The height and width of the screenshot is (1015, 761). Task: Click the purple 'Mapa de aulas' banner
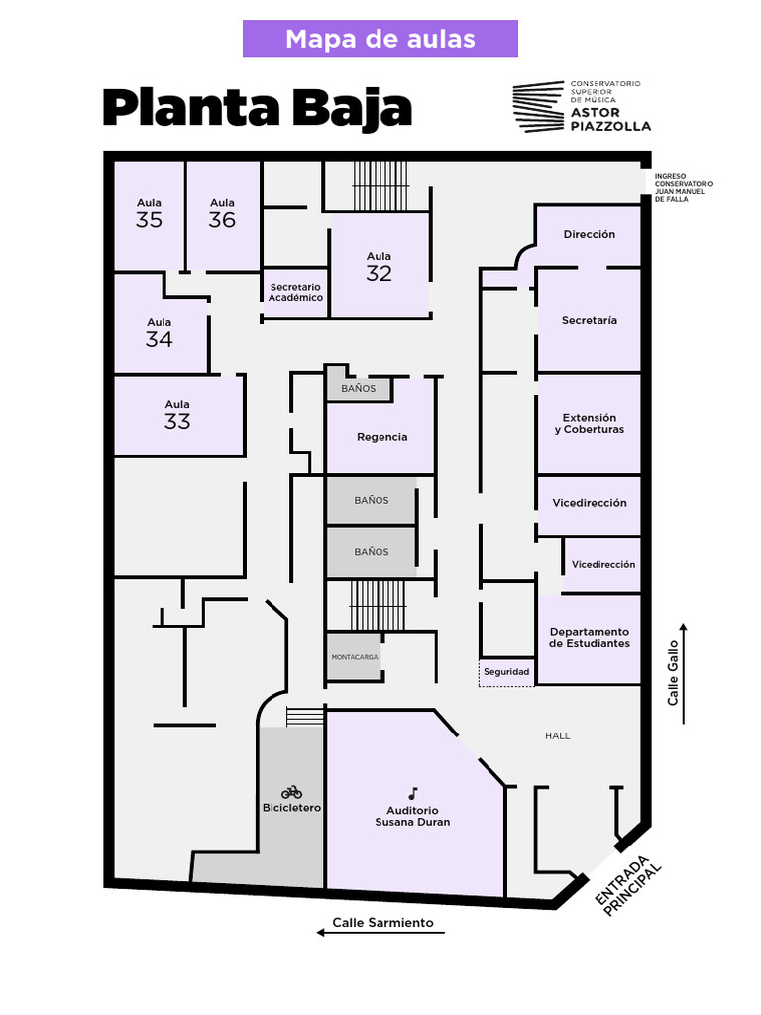pyautogui.click(x=380, y=39)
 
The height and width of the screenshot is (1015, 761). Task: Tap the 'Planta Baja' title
pyautogui.click(x=257, y=108)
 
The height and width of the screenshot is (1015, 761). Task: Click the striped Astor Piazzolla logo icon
pyautogui.click(x=538, y=106)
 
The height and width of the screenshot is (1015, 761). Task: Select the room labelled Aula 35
pyautogui.click(x=149, y=213)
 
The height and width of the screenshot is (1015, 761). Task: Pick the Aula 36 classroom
pyautogui.click(x=222, y=213)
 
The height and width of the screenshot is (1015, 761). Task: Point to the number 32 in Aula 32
pyautogui.click(x=379, y=274)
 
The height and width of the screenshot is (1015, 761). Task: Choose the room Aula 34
pyautogui.click(x=159, y=333)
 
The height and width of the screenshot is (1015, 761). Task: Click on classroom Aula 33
pyautogui.click(x=177, y=415)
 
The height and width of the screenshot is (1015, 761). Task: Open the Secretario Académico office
pyautogui.click(x=295, y=292)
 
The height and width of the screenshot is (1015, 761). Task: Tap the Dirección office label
pyautogui.click(x=590, y=235)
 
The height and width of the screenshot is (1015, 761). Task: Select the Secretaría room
pyautogui.click(x=589, y=320)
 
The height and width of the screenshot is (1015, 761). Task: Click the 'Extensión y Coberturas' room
pyautogui.click(x=589, y=424)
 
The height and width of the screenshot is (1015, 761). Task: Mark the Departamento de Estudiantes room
pyautogui.click(x=590, y=638)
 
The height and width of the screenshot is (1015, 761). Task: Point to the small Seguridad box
pyautogui.click(x=505, y=672)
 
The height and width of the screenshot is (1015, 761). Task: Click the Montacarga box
pyautogui.click(x=355, y=657)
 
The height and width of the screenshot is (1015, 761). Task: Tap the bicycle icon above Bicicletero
pyautogui.click(x=291, y=792)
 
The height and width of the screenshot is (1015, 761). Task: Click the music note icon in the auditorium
pyautogui.click(x=412, y=793)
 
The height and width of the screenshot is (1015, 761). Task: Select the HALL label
pyautogui.click(x=558, y=735)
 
